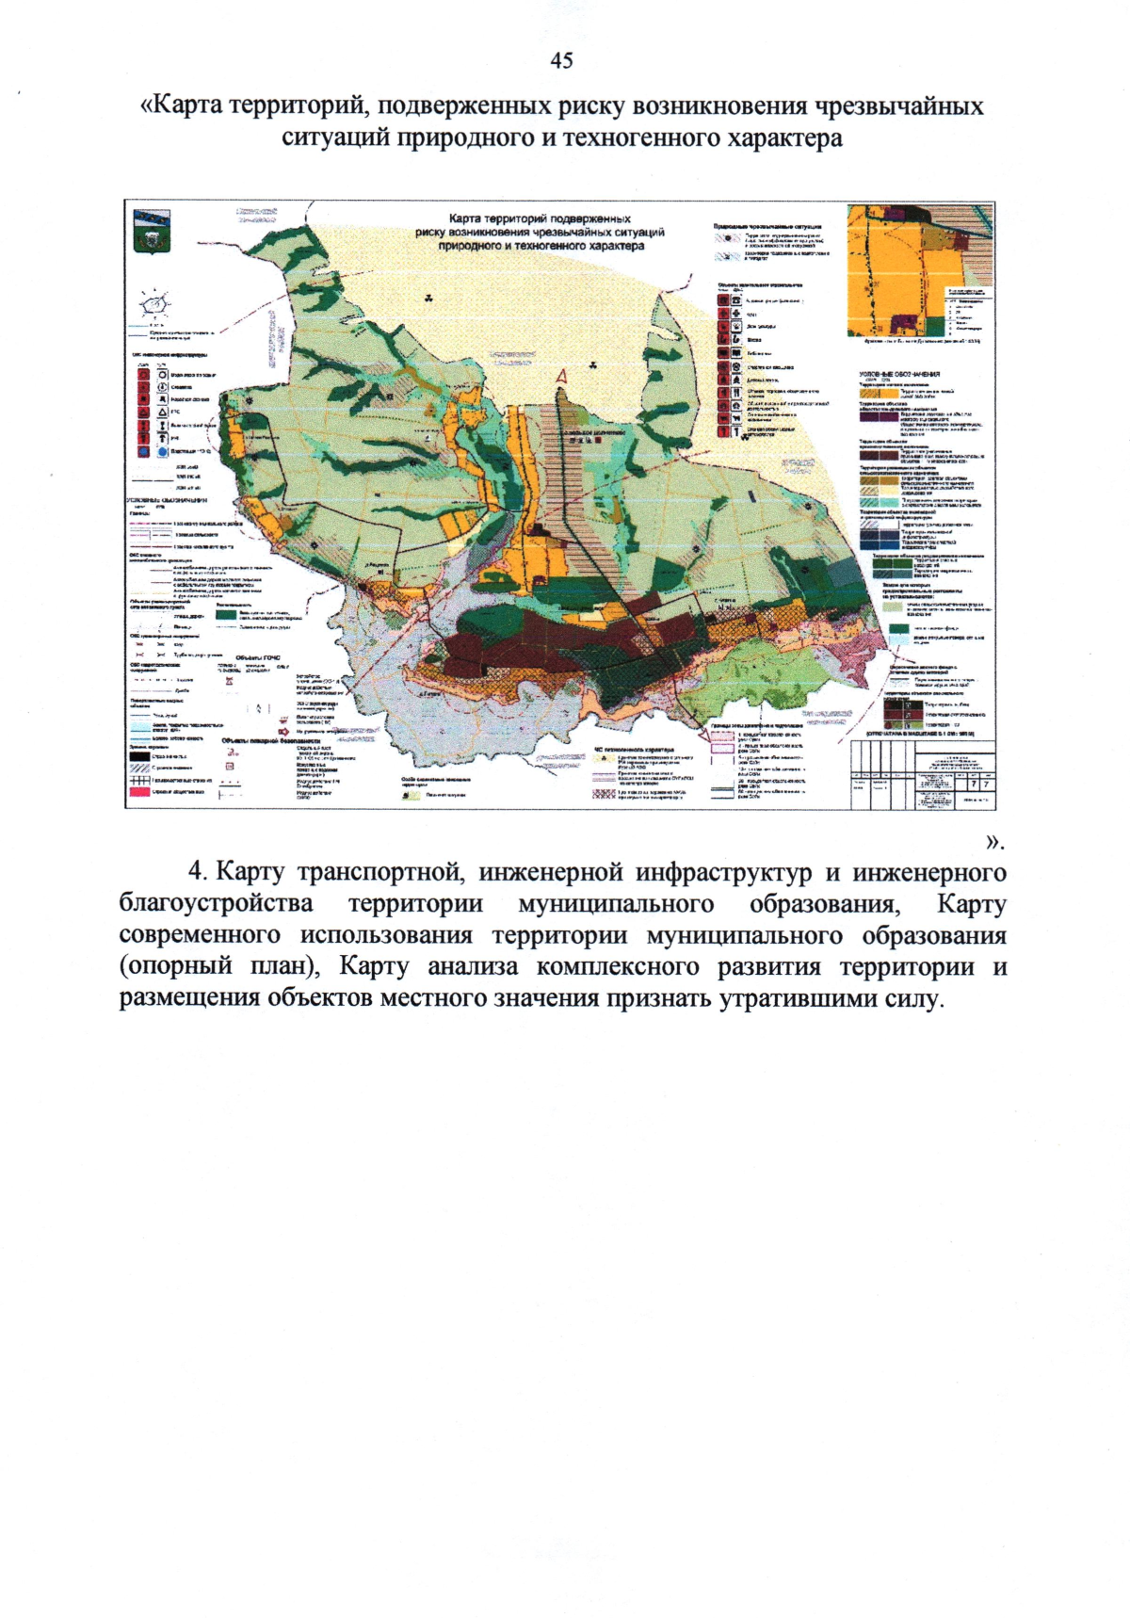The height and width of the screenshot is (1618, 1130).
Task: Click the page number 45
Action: click(561, 61)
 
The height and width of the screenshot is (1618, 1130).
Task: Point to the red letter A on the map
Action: click(563, 378)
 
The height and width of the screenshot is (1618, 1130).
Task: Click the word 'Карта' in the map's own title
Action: click(466, 218)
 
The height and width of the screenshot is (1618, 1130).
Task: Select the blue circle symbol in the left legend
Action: click(145, 452)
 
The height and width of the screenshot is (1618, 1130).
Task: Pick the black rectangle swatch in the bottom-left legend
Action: click(138, 755)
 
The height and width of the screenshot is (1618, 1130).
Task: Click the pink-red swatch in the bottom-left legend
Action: click(138, 791)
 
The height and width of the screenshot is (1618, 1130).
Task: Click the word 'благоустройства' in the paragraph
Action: click(216, 904)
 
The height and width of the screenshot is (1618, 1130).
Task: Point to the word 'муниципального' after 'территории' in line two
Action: click(616, 904)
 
